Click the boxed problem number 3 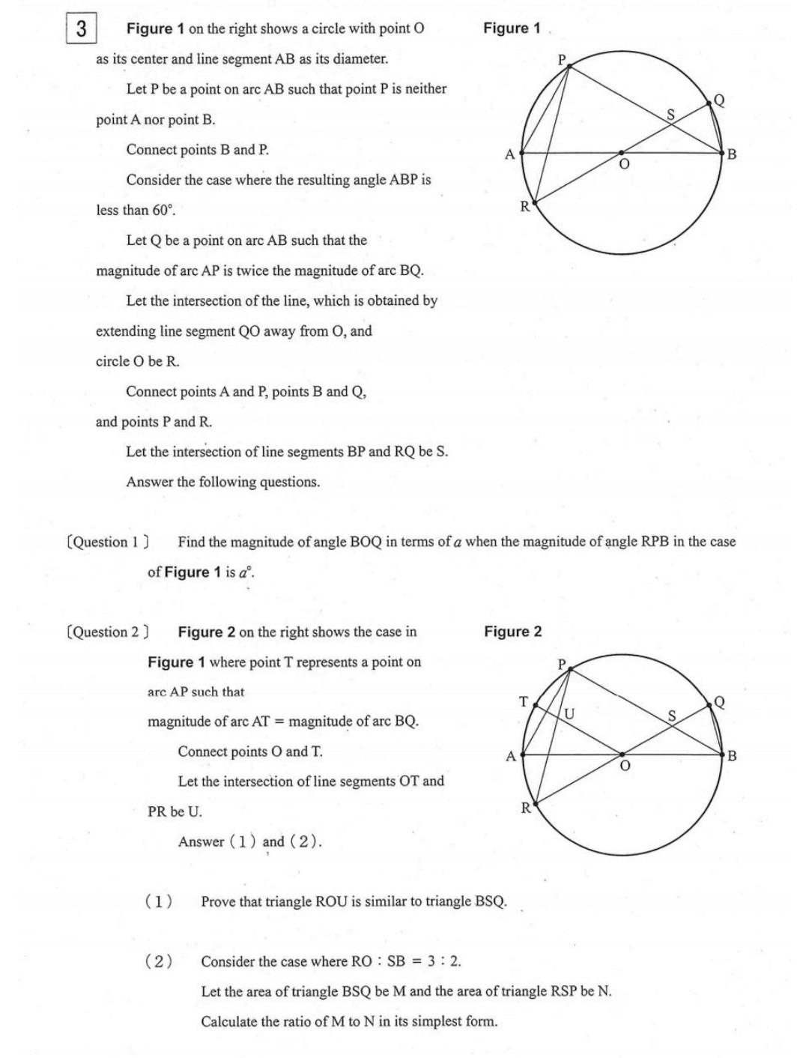click(81, 29)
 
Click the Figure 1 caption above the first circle click(512, 28)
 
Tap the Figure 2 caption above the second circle click(512, 632)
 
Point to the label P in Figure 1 click(562, 58)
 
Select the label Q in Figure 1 click(719, 100)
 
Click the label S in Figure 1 click(670, 115)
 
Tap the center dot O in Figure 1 click(621, 153)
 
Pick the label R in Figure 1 click(525, 206)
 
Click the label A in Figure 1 click(510, 154)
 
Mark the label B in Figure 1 click(732, 154)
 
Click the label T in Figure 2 click(524, 701)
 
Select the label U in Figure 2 click(569, 714)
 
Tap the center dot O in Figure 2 click(622, 755)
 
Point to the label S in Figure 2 click(672, 716)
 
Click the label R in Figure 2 click(526, 808)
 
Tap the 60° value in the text click(163, 211)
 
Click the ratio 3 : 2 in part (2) click(444, 961)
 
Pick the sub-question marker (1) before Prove click(158, 901)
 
